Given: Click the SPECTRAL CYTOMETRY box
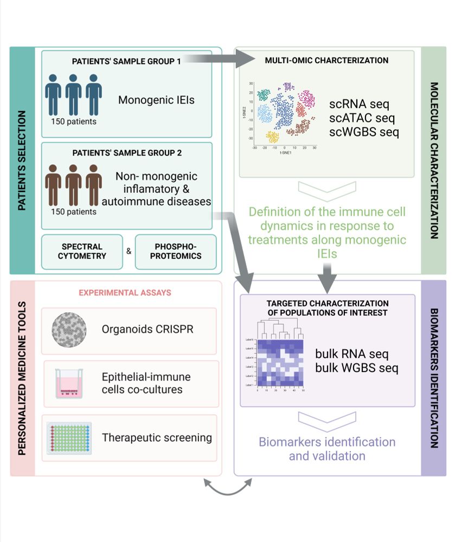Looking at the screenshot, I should (x=81, y=251).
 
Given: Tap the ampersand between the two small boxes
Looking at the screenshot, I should (x=129, y=251).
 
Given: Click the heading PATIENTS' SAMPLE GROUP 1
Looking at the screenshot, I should (x=126, y=61).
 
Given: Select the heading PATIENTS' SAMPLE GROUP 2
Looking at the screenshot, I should (x=126, y=153).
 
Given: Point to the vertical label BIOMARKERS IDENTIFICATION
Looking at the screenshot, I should (x=434, y=378).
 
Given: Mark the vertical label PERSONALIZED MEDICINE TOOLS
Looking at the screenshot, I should (x=22, y=378).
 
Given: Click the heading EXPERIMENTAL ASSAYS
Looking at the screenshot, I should (x=125, y=293).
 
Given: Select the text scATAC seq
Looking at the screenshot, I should (x=362, y=117).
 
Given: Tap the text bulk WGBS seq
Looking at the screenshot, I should (x=357, y=369).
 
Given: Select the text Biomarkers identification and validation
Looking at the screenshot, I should (x=326, y=449).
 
